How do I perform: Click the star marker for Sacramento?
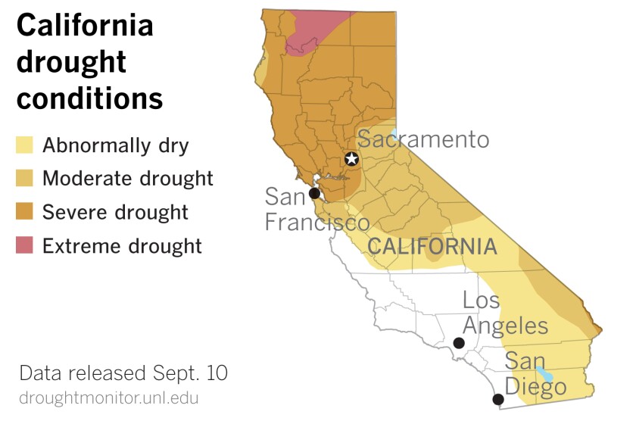coord(351,159)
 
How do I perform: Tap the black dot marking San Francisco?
coord(314,193)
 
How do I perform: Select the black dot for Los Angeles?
coord(459,343)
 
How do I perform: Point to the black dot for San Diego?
coord(498,399)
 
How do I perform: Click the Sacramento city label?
coord(423,139)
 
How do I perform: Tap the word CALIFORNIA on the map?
coord(432,247)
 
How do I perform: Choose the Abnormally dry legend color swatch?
coord(25,145)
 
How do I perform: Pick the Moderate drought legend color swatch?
coord(25,178)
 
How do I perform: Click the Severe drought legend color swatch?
coord(25,211)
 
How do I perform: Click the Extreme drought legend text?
coord(122,245)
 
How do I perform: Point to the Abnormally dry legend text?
coord(115,145)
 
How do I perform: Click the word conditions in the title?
coord(89,98)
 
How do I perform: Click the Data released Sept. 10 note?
coord(123,373)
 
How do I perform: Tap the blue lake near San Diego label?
coord(544,374)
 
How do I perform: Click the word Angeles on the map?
coord(506,326)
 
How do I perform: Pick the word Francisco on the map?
coord(316,223)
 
